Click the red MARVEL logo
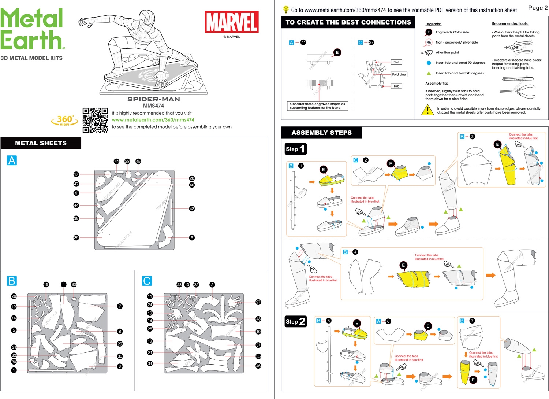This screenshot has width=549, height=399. point(232,22)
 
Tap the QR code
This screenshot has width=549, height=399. point(95,120)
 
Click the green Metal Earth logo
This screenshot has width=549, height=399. point(32,29)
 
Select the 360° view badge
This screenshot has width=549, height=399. point(65,120)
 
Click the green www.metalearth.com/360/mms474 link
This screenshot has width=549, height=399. point(153,120)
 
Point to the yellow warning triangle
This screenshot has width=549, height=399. point(427,110)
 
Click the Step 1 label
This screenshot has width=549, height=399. point(295,149)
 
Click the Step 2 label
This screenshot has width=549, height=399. point(295,322)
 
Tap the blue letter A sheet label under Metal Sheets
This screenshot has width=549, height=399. point(12,160)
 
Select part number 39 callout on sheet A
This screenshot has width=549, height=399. point(76,238)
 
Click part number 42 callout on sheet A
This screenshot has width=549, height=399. point(192,208)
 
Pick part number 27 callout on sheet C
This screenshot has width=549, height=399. point(258,302)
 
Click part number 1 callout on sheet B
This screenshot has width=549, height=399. point(14,370)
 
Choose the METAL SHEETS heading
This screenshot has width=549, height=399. point(41,143)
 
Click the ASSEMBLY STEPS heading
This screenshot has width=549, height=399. point(321,133)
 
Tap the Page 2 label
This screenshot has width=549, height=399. point(538,8)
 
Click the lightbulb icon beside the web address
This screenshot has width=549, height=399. point(286,10)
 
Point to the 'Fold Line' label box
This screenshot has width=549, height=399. point(399,74)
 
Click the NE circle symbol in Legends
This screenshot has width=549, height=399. point(429,43)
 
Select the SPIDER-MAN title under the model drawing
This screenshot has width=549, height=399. point(153,99)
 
